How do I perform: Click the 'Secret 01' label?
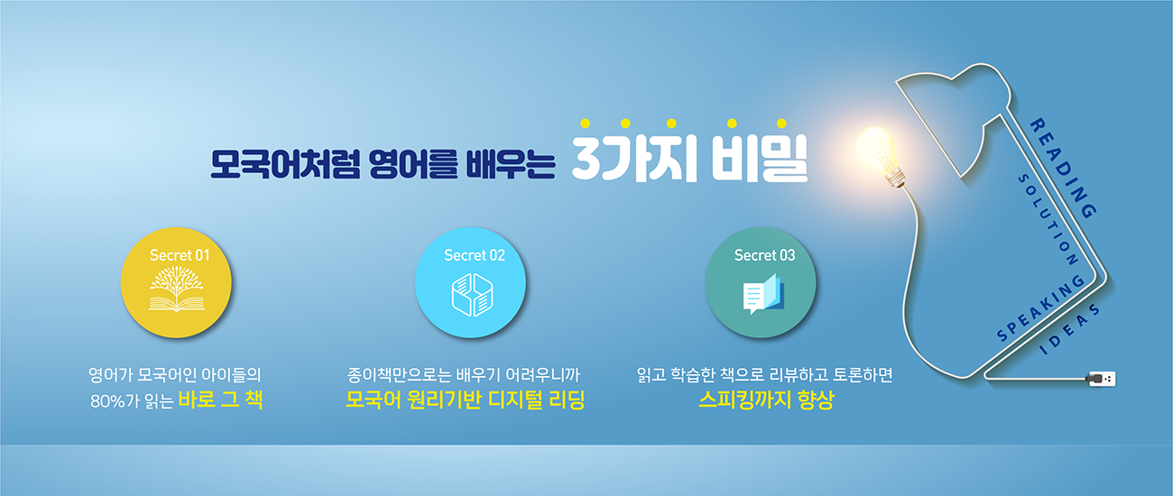pyautogui.click(x=180, y=255)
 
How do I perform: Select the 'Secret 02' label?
pyautogui.click(x=475, y=255)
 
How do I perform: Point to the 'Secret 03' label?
pyautogui.click(x=764, y=255)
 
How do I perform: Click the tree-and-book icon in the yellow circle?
pyautogui.click(x=177, y=289)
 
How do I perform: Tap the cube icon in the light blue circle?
pyautogui.click(x=472, y=295)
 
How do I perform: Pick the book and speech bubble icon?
pyautogui.click(x=763, y=294)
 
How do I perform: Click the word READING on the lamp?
pyautogui.click(x=1063, y=168)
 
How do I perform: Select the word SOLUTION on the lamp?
pyautogui.click(x=1048, y=220)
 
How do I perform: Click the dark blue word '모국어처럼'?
pyautogui.click(x=285, y=164)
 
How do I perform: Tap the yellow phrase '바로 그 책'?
pyautogui.click(x=220, y=400)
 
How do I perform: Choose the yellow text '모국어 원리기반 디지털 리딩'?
pyautogui.click(x=465, y=400)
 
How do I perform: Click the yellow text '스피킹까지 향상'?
pyautogui.click(x=766, y=400)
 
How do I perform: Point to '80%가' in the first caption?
pyautogui.click(x=115, y=400)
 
